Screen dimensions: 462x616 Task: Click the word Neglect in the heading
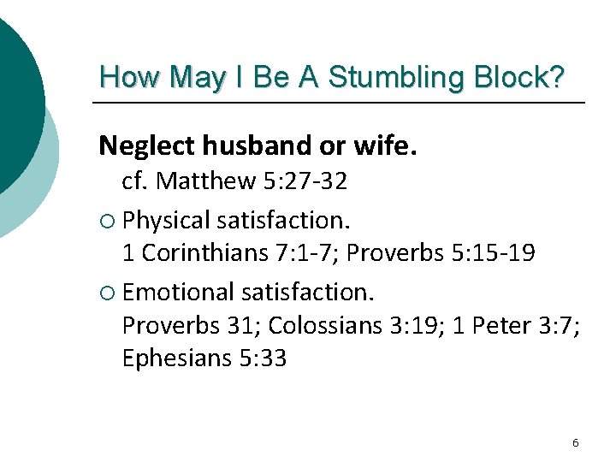(146, 146)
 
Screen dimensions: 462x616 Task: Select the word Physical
(167, 220)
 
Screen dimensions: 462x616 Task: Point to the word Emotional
(179, 292)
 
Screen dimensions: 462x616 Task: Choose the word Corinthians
(208, 253)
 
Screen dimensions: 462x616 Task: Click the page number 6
(575, 442)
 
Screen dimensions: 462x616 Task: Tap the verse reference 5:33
(260, 358)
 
